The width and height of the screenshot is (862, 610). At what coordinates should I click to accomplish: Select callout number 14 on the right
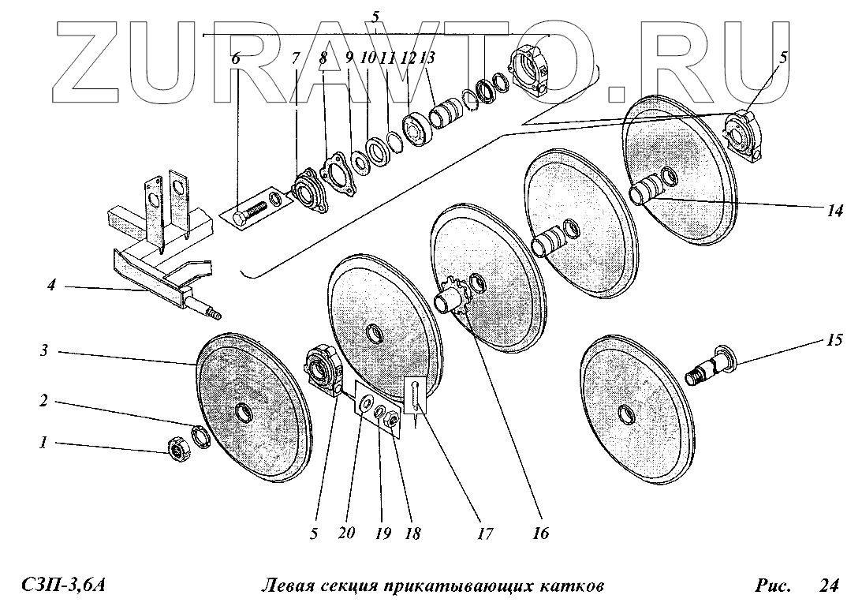(835, 211)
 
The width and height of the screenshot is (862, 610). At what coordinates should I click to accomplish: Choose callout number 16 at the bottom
(539, 533)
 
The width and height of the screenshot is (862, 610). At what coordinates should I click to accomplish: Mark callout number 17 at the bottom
(485, 533)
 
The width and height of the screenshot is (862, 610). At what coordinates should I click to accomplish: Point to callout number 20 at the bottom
(345, 533)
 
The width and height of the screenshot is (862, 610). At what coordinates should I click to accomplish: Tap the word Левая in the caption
(287, 586)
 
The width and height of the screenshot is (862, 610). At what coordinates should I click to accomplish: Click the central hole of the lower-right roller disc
(626, 413)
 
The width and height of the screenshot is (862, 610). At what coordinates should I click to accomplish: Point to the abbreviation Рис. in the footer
(772, 586)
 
